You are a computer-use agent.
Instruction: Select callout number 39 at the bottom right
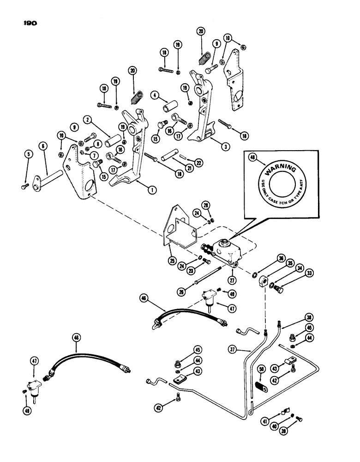pyautogui.click(x=307, y=429)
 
